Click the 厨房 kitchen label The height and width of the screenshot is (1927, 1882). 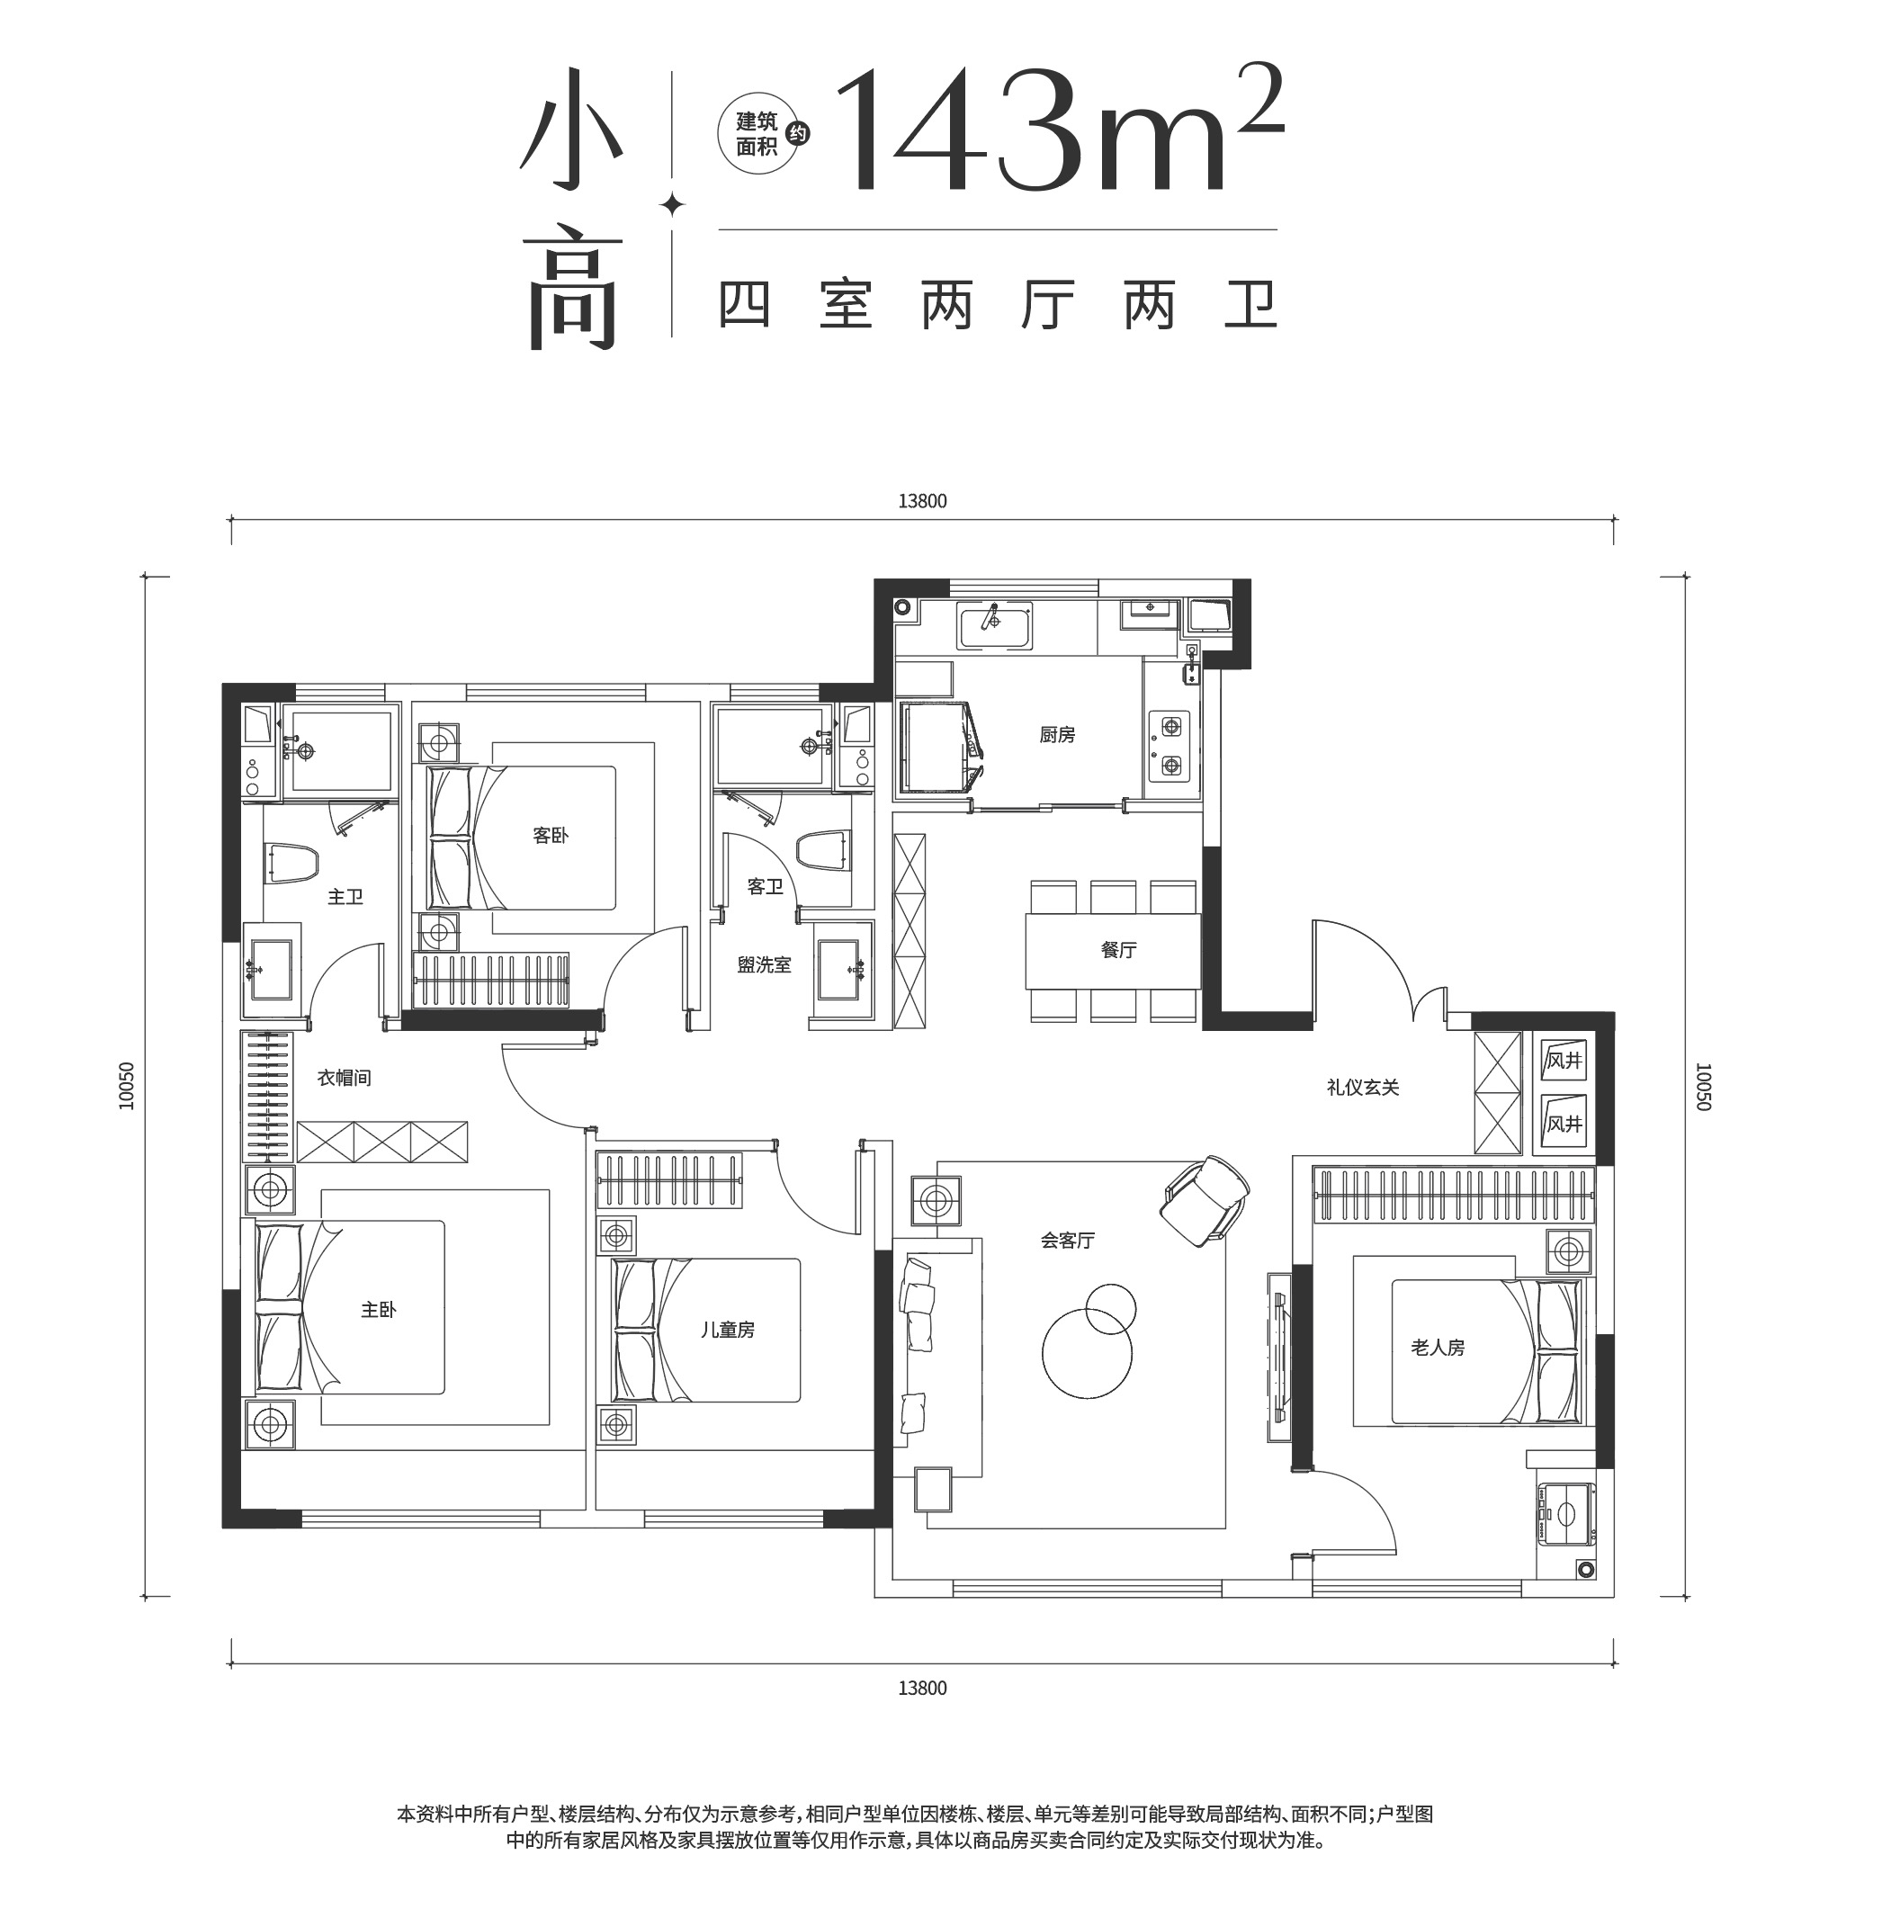tap(1057, 734)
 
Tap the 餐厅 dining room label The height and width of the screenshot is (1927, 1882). tap(1118, 950)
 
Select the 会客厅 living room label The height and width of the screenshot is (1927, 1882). tap(1068, 1241)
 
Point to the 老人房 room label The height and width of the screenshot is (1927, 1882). tap(1438, 1347)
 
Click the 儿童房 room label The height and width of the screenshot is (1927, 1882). tap(728, 1331)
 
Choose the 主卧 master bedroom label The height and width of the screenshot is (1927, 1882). tap(378, 1311)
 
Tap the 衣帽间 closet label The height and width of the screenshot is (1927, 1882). tap(344, 1078)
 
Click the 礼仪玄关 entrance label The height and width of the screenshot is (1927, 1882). tap(1363, 1088)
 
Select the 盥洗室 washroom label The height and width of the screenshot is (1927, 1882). tap(764, 964)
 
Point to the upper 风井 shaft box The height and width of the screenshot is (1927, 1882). tap(1564, 1061)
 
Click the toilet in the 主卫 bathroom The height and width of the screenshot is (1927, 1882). tap(292, 863)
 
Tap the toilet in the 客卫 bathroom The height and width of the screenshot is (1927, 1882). tap(822, 851)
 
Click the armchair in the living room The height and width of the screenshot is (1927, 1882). tap(1205, 1197)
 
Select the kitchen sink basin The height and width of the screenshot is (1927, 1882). tap(994, 624)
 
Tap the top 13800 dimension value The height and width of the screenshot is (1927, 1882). tap(922, 501)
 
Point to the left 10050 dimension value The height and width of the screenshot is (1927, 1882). tap(126, 1087)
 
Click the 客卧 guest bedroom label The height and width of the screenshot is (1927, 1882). tap(551, 836)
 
